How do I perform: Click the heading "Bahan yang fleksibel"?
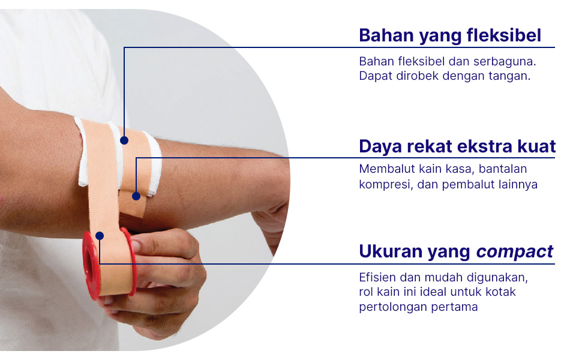coord(450,36)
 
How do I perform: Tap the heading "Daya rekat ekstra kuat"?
coord(457,146)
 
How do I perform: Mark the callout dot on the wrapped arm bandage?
coord(124,140)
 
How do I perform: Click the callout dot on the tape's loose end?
coord(136,196)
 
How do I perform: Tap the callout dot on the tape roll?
coord(100,236)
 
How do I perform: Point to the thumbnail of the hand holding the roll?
coord(137,245)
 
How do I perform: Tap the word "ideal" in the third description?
coord(434,292)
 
